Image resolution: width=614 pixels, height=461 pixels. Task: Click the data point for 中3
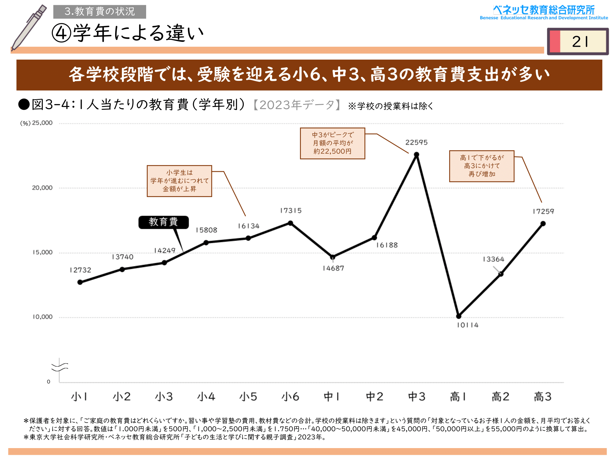pos(417,155)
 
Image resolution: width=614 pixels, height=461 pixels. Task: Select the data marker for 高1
pos(459,316)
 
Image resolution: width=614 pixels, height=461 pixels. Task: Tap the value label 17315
pos(291,211)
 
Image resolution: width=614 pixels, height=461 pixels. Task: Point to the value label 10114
pos(468,325)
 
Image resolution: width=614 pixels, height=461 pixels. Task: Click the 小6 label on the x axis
pos(290,397)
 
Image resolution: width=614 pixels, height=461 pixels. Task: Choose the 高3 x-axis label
pos(543,397)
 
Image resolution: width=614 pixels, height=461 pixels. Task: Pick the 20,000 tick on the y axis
pos(42,188)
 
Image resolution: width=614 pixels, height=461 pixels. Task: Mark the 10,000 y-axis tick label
pos(42,317)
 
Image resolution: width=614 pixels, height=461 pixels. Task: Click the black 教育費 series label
pos(163,222)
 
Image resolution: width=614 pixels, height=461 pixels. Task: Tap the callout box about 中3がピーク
pos(332,143)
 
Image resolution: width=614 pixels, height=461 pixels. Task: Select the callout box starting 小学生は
pos(179,181)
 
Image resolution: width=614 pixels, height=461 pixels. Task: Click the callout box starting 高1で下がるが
pos(482,166)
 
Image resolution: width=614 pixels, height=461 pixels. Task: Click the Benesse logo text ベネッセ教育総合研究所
pos(544,10)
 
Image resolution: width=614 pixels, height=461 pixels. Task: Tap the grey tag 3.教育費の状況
pos(99,12)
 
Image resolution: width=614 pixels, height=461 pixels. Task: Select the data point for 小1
pos(80,282)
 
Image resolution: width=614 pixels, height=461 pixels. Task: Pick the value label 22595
pos(416,143)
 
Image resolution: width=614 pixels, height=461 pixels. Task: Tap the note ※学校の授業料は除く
pos(390,106)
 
